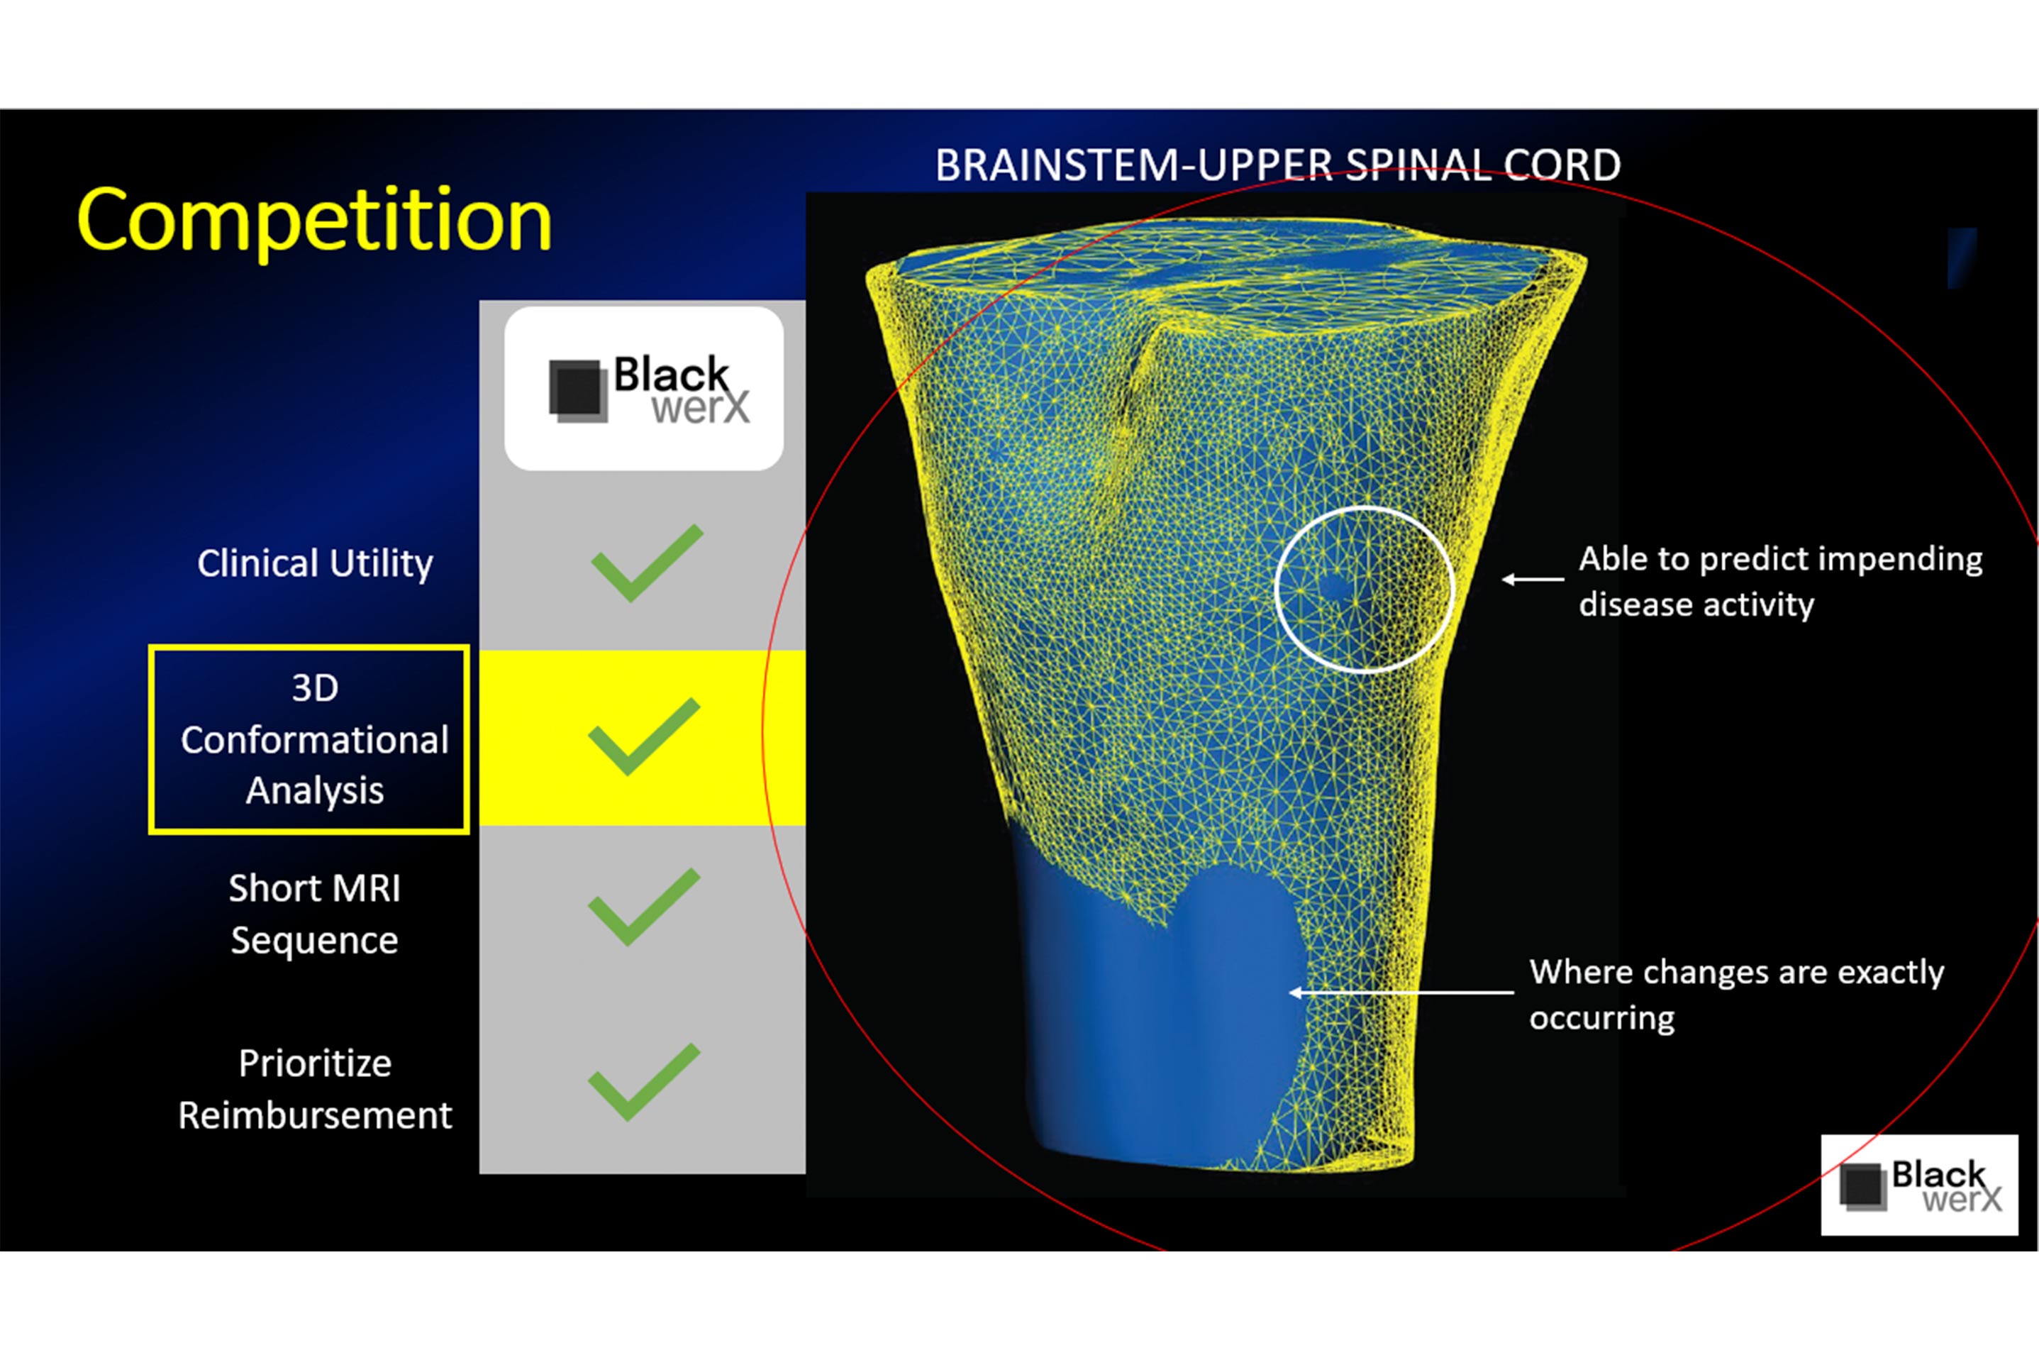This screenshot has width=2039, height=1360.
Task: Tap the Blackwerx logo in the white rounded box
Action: pos(648,389)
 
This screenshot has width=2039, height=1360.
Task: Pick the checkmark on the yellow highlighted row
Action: pos(643,736)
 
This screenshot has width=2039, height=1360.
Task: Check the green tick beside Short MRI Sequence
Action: pos(643,907)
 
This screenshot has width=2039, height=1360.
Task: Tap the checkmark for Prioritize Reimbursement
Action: pos(643,1082)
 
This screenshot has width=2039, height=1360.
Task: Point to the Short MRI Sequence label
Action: pos(315,914)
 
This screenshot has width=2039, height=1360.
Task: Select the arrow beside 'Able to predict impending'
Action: pos(1533,578)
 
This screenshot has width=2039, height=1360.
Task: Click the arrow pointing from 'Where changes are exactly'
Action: pos(1402,993)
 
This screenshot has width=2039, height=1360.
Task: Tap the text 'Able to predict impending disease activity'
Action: pos(1781,582)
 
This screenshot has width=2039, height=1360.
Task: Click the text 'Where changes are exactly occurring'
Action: pos(1736,995)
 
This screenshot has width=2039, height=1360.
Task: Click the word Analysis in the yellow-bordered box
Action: pos(315,791)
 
